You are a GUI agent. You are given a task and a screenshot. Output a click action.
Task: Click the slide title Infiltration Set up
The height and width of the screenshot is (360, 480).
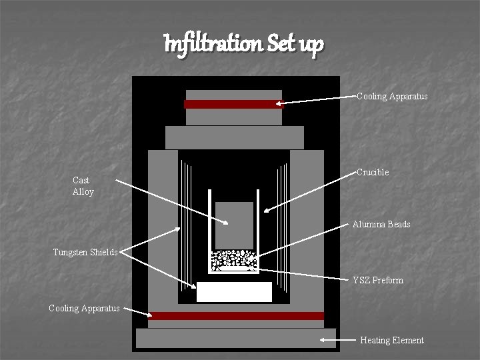[x=244, y=44]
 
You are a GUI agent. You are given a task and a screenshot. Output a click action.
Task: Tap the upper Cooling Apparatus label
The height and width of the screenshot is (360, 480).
[x=392, y=96]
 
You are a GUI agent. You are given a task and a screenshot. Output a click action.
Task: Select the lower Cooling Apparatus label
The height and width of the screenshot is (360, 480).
[x=84, y=308]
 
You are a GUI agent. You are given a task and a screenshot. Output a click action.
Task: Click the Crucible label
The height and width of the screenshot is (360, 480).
[x=373, y=172]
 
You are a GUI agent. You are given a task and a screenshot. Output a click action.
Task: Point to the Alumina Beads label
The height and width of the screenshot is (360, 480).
[x=381, y=224]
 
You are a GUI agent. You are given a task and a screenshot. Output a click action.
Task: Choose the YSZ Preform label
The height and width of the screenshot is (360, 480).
[x=378, y=280]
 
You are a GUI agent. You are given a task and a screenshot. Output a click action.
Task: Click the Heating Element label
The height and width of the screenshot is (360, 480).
[x=391, y=340]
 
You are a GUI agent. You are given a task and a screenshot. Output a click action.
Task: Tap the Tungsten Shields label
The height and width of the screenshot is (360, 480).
[x=85, y=252]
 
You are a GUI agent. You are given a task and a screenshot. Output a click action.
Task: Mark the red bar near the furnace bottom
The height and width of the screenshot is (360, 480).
[x=237, y=316]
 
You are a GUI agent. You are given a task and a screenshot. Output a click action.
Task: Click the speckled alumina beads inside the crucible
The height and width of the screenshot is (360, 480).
[x=233, y=259]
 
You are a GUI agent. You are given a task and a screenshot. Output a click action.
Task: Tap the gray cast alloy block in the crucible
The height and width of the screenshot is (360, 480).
[x=234, y=224]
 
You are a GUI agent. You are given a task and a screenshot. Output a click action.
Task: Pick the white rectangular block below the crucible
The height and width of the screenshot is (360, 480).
[x=234, y=292]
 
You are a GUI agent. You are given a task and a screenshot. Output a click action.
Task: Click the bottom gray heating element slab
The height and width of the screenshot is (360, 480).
[x=237, y=338]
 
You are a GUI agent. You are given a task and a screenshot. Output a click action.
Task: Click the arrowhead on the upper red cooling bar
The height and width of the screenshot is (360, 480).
[x=281, y=103]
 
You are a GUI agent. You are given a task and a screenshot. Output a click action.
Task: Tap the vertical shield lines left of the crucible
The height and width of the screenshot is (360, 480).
[x=186, y=227]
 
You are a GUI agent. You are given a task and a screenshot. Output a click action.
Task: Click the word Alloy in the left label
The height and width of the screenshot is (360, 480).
[x=83, y=192]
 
